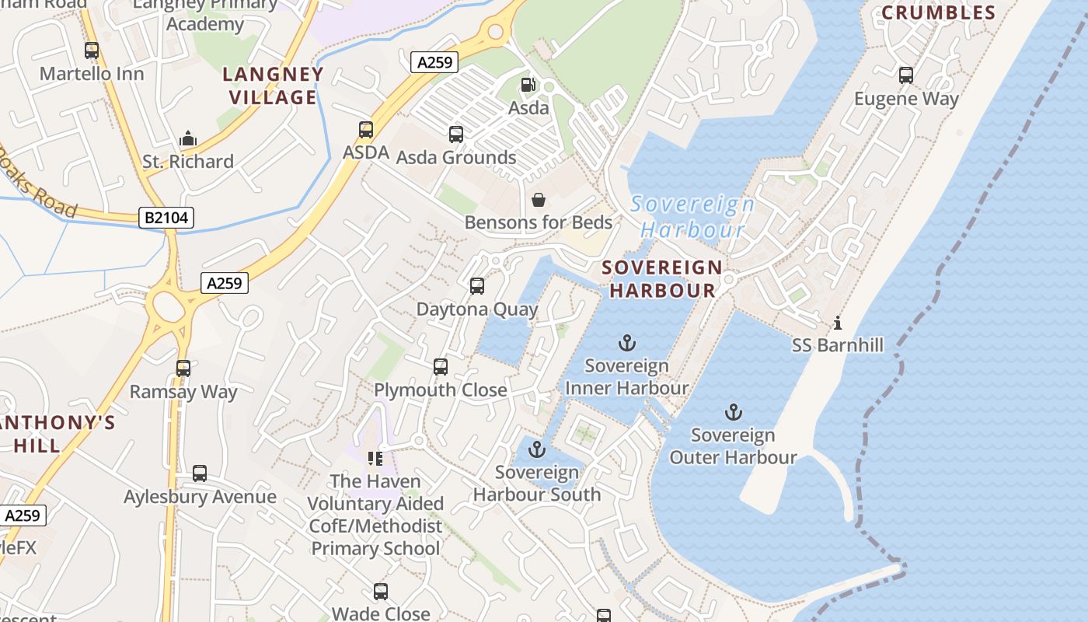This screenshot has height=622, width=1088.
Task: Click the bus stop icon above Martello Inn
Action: (x=92, y=51)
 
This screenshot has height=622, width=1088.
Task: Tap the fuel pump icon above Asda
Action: (x=528, y=84)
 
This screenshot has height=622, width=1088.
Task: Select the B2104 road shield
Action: (x=167, y=218)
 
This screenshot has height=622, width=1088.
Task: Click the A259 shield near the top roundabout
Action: (x=434, y=62)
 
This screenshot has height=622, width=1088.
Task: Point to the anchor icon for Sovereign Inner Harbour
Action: (x=626, y=343)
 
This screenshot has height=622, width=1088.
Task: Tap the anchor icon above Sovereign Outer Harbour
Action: (x=733, y=412)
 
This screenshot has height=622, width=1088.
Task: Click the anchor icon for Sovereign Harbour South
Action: (x=537, y=449)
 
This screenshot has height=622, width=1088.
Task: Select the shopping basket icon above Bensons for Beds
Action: (x=539, y=200)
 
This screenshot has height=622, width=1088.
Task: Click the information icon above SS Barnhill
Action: (x=837, y=322)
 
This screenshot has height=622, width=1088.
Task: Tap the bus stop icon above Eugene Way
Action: (x=906, y=75)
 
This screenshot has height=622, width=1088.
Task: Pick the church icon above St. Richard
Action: (x=188, y=138)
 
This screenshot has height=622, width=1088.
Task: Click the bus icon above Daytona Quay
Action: (x=477, y=286)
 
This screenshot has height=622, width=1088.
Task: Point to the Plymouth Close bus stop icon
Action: (x=441, y=367)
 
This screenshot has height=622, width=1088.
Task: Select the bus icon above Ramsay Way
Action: (x=183, y=369)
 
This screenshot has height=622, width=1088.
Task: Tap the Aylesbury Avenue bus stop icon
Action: (x=200, y=473)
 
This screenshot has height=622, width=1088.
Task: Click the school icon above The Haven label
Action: (x=375, y=459)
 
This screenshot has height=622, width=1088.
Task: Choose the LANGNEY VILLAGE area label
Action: (x=273, y=86)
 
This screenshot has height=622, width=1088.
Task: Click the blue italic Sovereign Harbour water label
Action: (x=692, y=217)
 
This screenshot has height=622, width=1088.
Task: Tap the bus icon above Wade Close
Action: (x=381, y=592)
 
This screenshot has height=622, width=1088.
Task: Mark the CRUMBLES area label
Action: (x=938, y=12)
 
